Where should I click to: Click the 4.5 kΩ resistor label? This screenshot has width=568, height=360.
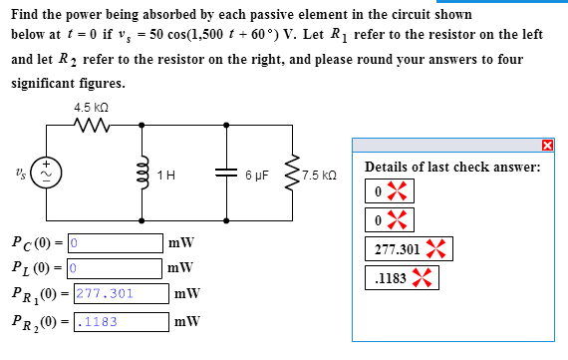pyautogui.click(x=91, y=107)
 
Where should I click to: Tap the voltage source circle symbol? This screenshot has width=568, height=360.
pyautogui.click(x=44, y=172)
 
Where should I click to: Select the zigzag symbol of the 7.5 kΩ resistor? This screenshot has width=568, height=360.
pyautogui.click(x=292, y=172)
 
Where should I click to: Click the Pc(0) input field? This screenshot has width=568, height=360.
pyautogui.click(x=115, y=242)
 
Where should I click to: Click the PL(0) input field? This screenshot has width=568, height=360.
pyautogui.click(x=115, y=267)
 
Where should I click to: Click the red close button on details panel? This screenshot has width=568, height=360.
pyautogui.click(x=547, y=147)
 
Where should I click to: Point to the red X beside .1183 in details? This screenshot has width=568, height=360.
pyautogui.click(x=424, y=279)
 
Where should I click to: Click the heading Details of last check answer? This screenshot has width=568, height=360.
pyautogui.click(x=452, y=167)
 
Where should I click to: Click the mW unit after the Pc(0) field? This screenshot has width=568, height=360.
pyautogui.click(x=181, y=242)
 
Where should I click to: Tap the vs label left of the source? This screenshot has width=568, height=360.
pyautogui.click(x=18, y=172)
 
